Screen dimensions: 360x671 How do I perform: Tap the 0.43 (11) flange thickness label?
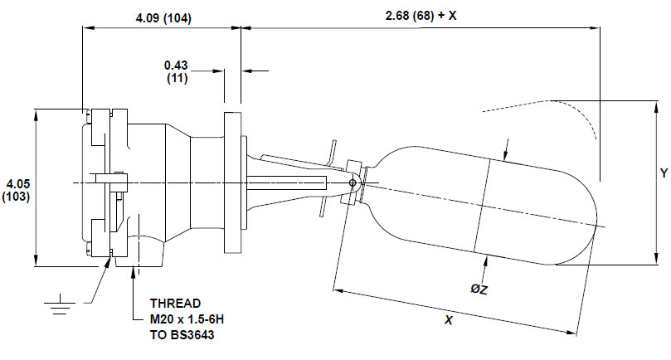175,71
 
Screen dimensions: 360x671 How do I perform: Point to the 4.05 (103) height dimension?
17,188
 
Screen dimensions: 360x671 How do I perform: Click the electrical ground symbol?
59,307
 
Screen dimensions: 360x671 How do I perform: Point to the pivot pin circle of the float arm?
353,183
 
